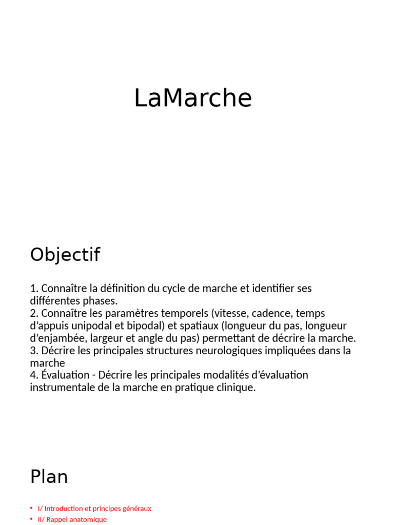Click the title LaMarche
[x=193, y=98]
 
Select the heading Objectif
[x=65, y=255]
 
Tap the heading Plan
[x=49, y=477]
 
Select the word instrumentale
[x=61, y=388]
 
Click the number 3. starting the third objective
[x=34, y=351]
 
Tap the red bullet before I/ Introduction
[x=31, y=509]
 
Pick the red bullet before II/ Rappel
[x=31, y=519]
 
